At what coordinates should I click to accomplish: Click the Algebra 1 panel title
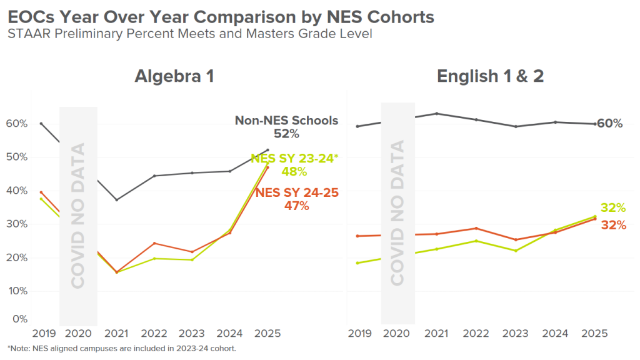pyautogui.click(x=174, y=76)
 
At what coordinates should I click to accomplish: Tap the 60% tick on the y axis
pyautogui.click(x=18, y=124)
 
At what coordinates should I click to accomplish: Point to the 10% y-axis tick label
pyautogui.click(x=18, y=291)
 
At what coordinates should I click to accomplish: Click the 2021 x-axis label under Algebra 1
pyautogui.click(x=117, y=334)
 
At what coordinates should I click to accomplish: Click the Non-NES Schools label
pyautogui.click(x=286, y=121)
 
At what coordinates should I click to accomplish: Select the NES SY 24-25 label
pyautogui.click(x=297, y=193)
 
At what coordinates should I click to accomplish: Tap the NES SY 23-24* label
pyautogui.click(x=294, y=159)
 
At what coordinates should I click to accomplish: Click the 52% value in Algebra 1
pyautogui.click(x=286, y=134)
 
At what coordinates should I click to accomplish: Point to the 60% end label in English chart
pyautogui.click(x=610, y=124)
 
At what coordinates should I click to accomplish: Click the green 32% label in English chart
pyautogui.click(x=613, y=208)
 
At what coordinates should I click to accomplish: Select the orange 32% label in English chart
pyautogui.click(x=613, y=225)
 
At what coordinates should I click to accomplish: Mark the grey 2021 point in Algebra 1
pyautogui.click(x=116, y=200)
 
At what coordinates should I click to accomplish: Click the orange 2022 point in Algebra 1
pyautogui.click(x=154, y=243)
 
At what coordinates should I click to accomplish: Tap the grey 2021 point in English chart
pyautogui.click(x=436, y=114)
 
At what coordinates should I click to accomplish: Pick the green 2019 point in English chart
pyautogui.click(x=357, y=263)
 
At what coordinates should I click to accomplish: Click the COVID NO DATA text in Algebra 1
pyautogui.click(x=78, y=216)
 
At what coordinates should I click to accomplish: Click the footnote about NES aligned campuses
pyautogui.click(x=122, y=348)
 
